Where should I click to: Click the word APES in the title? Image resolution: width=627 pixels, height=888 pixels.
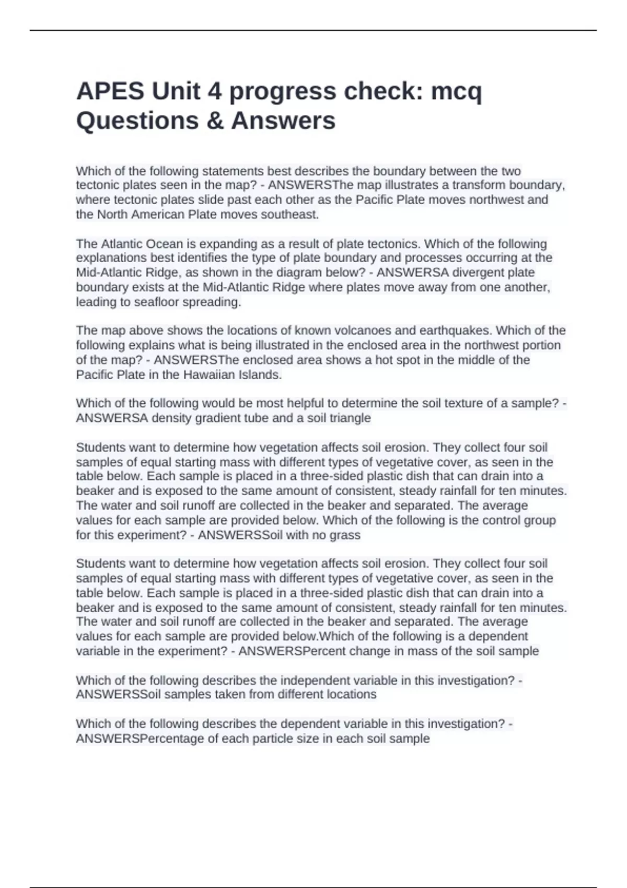110,91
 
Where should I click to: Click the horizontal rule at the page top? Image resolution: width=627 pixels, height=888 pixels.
313,30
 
